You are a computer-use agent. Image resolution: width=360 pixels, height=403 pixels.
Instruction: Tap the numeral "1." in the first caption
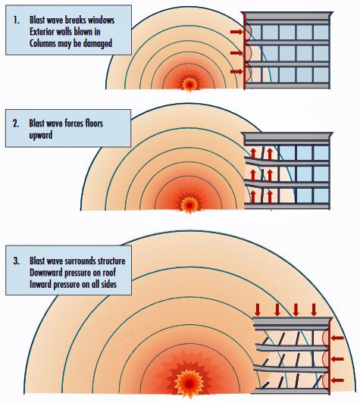(x=17, y=20)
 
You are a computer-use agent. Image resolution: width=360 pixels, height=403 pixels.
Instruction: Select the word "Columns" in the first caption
(x=42, y=43)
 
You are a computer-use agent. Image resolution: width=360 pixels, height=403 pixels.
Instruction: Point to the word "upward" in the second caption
(x=41, y=136)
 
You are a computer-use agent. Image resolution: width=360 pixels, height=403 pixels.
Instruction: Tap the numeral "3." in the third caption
(x=17, y=261)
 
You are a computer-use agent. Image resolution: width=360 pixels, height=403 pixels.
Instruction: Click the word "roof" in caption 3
(x=109, y=273)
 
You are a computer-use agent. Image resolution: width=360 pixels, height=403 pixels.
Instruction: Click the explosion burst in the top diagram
(x=189, y=83)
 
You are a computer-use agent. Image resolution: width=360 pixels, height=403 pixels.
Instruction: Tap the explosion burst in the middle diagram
(x=189, y=205)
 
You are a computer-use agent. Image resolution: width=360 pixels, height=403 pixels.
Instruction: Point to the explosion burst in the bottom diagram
(x=189, y=384)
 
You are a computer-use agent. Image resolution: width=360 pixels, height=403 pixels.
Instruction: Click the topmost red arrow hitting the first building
(x=236, y=32)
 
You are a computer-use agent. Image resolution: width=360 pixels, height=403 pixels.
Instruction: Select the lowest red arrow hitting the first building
(x=236, y=71)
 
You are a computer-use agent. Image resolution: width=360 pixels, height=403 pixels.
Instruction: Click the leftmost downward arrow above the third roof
(x=258, y=309)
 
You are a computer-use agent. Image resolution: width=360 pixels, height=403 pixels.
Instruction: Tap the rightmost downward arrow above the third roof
(x=314, y=309)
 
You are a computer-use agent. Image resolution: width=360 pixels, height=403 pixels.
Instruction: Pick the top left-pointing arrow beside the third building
(x=337, y=338)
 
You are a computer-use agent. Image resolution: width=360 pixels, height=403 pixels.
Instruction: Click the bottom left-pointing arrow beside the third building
(x=337, y=380)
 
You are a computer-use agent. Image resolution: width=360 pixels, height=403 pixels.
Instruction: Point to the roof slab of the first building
(x=287, y=18)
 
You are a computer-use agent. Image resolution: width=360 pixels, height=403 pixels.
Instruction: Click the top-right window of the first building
(x=321, y=32)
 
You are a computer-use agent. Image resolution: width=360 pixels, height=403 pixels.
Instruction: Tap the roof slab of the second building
(x=287, y=139)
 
